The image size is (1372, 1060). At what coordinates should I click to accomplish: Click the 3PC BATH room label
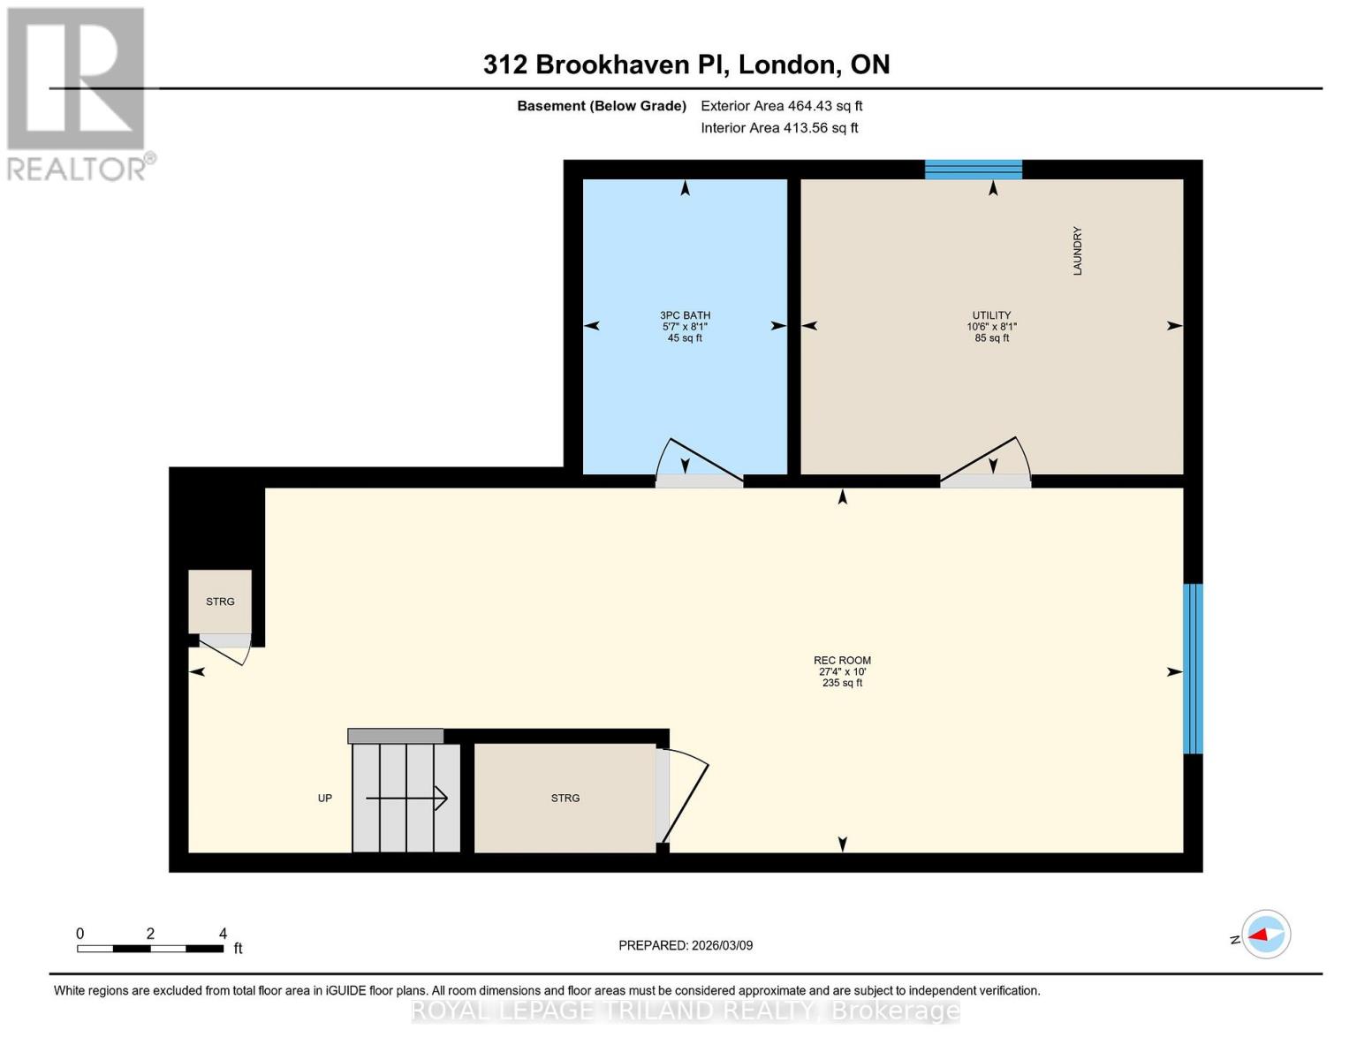coord(685,315)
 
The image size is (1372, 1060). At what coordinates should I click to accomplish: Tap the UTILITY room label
coord(991,315)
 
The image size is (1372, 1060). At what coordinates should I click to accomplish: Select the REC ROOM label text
coord(842,661)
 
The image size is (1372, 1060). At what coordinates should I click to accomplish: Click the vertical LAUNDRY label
coord(1077,251)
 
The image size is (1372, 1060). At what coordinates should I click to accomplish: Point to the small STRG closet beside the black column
coord(220,602)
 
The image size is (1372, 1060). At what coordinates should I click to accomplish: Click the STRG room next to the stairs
coord(565,798)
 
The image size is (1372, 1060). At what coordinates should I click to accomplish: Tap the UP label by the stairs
coord(325,799)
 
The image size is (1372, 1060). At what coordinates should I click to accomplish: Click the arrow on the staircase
coord(407,799)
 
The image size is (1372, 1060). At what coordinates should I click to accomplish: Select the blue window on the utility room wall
coord(973,170)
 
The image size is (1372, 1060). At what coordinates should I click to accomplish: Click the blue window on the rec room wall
coord(1193,669)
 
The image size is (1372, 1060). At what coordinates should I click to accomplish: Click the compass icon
coord(1265,935)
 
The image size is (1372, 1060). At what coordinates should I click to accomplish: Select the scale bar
coord(150,949)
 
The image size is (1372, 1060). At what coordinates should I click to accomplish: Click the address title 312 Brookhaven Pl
coord(686,64)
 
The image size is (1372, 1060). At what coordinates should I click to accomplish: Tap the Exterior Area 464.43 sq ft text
coord(781,106)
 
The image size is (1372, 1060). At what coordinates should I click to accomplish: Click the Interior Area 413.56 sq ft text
coord(779,128)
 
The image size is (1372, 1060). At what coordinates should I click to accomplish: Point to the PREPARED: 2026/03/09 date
coord(686,945)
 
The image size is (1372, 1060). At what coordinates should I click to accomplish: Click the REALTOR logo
coord(77,93)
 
